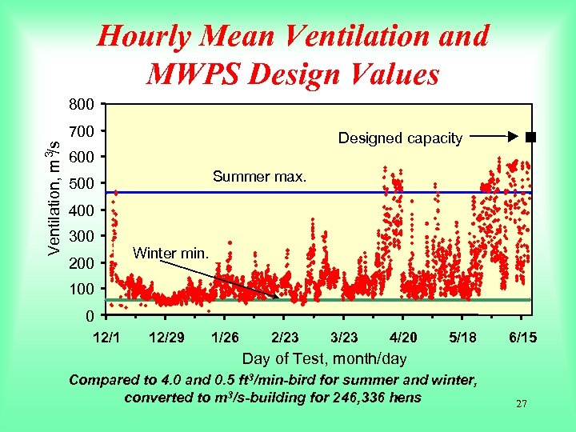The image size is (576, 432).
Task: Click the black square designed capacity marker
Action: tap(530, 138)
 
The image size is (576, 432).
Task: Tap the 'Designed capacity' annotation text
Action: tap(400, 138)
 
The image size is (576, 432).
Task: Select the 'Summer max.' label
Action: tap(259, 176)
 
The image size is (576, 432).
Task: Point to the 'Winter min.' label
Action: tap(170, 254)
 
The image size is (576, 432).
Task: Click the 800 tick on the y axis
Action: tap(82, 105)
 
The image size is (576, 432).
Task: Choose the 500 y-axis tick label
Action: tap(82, 185)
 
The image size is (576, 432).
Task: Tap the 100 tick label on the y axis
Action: tap(82, 289)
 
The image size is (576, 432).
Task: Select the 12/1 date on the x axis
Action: tap(106, 338)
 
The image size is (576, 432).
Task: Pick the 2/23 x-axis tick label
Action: tap(286, 338)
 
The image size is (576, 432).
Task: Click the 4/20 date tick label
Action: tap(402, 338)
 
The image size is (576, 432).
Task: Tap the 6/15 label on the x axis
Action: tap(522, 338)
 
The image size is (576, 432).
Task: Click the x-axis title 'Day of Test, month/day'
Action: tap(324, 359)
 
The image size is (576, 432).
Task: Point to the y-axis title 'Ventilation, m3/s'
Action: tap(52, 192)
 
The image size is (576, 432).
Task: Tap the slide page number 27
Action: tap(521, 404)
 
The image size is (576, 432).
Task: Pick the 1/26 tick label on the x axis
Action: tap(226, 338)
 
